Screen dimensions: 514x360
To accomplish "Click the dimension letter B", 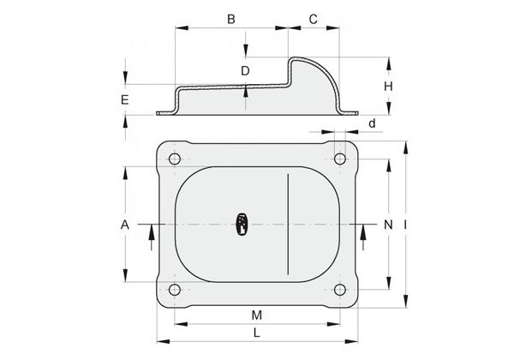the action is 231,19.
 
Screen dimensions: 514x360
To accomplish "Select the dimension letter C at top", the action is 314,19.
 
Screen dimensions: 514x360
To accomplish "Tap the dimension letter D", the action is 245,71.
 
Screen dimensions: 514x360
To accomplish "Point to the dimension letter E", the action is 125,99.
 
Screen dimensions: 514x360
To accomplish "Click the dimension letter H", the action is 388,87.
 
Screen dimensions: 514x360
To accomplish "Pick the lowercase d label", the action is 372,123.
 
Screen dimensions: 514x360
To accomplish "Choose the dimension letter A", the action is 125,225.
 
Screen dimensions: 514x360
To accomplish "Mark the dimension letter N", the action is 388,225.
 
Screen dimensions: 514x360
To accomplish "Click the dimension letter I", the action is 405,225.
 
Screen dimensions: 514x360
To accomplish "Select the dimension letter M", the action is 257,315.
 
